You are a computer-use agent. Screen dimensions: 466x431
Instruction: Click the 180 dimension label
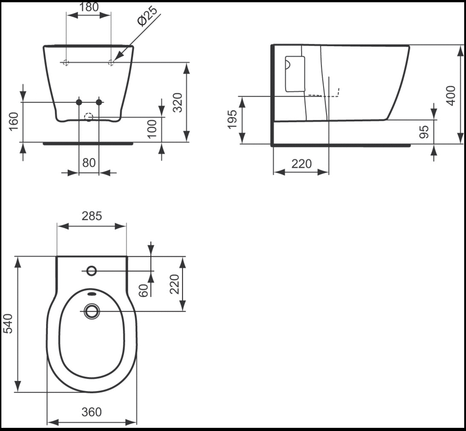[x=88, y=7]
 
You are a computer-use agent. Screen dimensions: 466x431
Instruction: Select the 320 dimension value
[x=178, y=102]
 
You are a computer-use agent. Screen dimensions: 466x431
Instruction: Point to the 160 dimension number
[x=14, y=122]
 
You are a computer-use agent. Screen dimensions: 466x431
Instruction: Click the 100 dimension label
[x=151, y=129]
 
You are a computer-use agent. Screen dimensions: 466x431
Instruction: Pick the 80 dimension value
[x=89, y=163]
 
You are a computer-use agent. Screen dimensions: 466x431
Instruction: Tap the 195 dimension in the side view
[x=232, y=119]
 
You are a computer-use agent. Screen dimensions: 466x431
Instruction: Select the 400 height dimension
[x=451, y=95]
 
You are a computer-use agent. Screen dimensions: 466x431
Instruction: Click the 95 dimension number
[x=424, y=131]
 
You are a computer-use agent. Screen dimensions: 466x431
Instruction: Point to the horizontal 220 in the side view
[x=301, y=164]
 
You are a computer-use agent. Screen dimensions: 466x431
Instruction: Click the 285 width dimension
[x=92, y=216]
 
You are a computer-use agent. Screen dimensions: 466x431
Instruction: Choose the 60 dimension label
[x=143, y=290]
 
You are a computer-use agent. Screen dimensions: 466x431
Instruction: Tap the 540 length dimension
[x=8, y=323]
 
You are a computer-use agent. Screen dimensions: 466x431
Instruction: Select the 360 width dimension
[x=92, y=412]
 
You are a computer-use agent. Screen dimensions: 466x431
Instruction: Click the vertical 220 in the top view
[x=174, y=284]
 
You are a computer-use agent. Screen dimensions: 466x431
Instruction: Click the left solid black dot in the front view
[x=79, y=102]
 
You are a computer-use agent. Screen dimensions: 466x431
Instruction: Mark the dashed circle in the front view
[x=89, y=117]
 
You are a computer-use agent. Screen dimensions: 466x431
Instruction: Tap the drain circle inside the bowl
[x=92, y=311]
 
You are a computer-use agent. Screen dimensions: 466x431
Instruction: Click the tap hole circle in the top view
[x=92, y=271]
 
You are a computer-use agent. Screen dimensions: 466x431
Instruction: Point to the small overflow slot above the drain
[x=92, y=294]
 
